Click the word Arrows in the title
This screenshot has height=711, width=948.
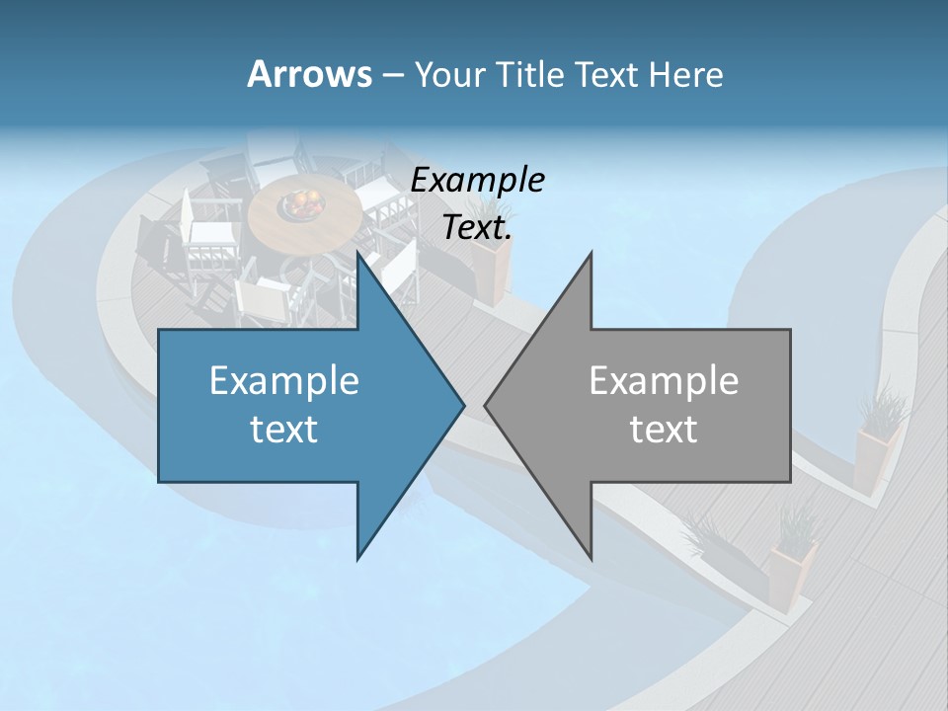click(x=309, y=74)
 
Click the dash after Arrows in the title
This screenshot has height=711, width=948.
click(x=392, y=75)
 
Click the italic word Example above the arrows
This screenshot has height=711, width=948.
click(x=478, y=180)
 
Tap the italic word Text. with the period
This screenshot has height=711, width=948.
click(x=478, y=228)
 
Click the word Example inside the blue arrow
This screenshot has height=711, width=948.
click(x=284, y=380)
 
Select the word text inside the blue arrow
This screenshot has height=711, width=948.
click(x=284, y=430)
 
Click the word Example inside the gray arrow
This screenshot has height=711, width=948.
click(x=664, y=380)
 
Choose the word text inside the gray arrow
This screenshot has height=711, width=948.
click(x=664, y=430)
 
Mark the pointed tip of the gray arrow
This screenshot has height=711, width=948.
click(x=486, y=405)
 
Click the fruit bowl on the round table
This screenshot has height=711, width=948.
click(x=302, y=204)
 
